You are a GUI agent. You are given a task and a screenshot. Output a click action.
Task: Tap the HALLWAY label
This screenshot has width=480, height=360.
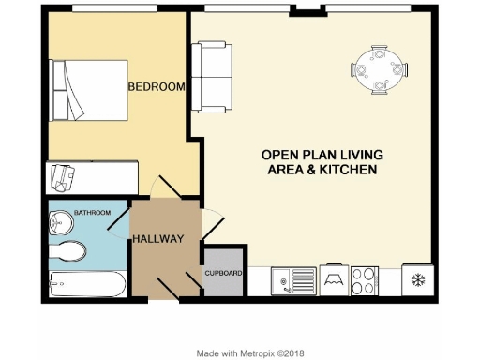coord(157,239)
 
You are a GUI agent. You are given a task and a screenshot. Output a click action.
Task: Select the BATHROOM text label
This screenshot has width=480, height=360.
coord(93,213)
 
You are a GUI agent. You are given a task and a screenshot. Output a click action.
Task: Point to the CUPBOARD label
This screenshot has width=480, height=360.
coord(224,273)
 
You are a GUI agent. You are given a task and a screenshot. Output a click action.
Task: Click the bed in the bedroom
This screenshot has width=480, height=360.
coord(88,91)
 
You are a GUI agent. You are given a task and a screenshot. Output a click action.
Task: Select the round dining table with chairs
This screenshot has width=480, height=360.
coord(380,68)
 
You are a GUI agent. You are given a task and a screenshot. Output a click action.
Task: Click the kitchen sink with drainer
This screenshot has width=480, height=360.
coord(292,279)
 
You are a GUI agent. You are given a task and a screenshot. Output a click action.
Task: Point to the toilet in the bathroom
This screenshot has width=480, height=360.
coord(67,249)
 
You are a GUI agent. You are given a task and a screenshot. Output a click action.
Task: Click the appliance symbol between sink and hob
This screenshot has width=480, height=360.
coord(330,279)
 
